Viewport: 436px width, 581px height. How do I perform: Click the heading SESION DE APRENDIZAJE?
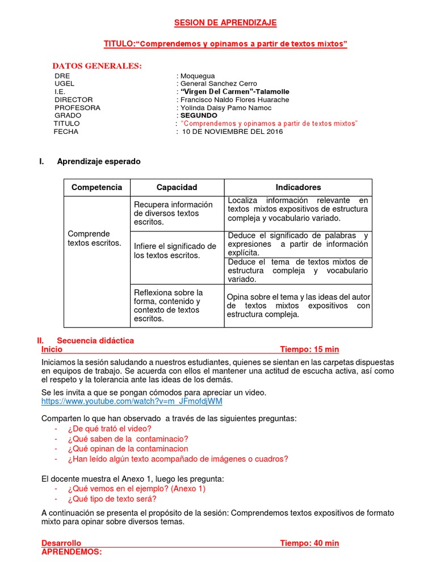(225, 23)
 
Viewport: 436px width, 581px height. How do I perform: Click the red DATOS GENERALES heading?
(97, 66)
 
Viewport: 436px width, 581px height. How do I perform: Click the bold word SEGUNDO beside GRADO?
(199, 116)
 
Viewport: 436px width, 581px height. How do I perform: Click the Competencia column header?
(97, 187)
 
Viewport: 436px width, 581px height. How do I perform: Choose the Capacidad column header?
(177, 187)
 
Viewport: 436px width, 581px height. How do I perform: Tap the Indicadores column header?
(298, 187)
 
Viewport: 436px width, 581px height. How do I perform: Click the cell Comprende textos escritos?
(94, 238)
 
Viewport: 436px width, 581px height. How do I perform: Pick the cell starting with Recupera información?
(173, 213)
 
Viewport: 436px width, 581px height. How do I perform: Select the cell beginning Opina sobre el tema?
(298, 306)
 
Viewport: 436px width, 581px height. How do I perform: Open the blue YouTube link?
(132, 401)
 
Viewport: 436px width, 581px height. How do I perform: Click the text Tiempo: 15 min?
(309, 350)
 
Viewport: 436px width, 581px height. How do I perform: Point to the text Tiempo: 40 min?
(309, 544)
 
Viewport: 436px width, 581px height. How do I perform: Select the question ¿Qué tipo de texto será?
(111, 499)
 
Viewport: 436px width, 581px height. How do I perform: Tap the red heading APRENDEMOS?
(72, 551)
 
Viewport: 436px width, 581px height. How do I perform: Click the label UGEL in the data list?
(65, 84)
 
